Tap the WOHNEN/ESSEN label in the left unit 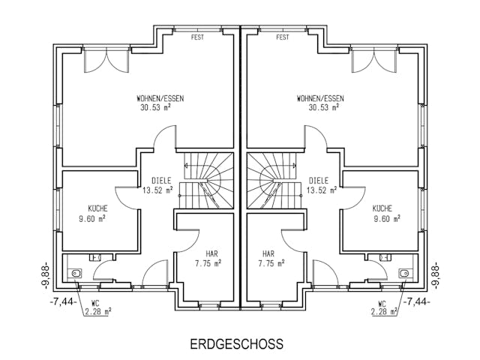click(160, 98)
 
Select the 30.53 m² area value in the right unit click(320, 108)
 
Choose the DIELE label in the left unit click(161, 180)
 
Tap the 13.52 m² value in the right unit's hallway click(320, 190)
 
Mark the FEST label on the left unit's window click(197, 37)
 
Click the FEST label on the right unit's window click(283, 37)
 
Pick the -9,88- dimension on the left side click(46, 274)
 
